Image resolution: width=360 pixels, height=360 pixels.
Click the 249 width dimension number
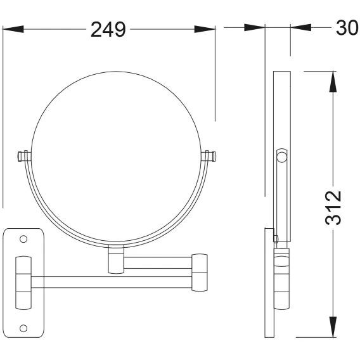coord(108,29)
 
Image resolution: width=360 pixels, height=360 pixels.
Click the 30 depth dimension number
coord(347,28)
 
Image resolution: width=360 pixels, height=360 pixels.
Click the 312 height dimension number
coord(333,207)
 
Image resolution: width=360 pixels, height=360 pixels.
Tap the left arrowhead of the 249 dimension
coord(13,29)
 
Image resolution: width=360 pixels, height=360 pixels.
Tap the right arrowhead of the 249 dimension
coord(205,29)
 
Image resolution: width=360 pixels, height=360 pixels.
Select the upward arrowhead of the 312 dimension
coord(333,82)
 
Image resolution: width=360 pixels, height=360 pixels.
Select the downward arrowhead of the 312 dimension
coord(333,326)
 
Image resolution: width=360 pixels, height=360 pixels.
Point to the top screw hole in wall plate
coord(23,239)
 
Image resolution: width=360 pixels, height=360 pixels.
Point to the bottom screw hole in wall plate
coord(23,328)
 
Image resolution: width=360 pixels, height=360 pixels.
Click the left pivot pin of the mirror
coord(23,156)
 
